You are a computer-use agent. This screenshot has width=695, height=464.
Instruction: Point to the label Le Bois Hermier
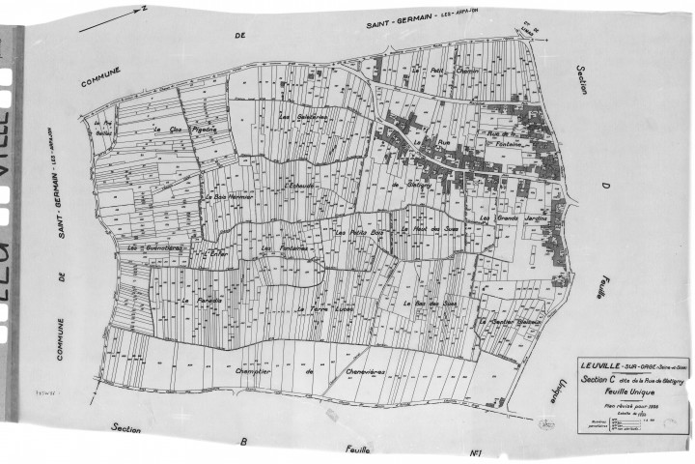[x=228, y=196]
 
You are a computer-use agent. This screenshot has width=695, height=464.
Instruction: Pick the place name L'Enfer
[x=214, y=253]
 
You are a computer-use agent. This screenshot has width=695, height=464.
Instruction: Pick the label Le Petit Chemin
[x=431, y=72]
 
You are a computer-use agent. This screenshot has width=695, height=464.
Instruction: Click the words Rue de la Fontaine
[x=513, y=139]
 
